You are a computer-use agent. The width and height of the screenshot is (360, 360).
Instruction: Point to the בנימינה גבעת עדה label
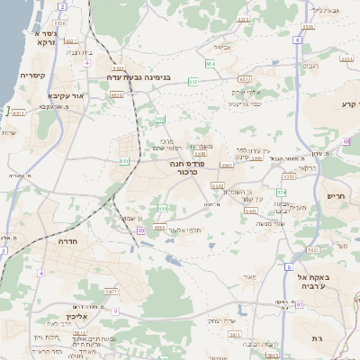[139, 76]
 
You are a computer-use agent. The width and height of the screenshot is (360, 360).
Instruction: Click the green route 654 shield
[209, 64]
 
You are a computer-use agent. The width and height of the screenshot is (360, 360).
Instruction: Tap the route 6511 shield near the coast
[19, 113]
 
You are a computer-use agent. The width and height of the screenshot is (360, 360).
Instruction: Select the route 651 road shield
[123, 161]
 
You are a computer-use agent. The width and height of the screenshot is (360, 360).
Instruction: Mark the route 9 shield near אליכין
[115, 310]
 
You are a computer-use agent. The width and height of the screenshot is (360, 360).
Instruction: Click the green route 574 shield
[281, 192]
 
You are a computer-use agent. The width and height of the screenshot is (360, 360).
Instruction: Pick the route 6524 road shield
[308, 27]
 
